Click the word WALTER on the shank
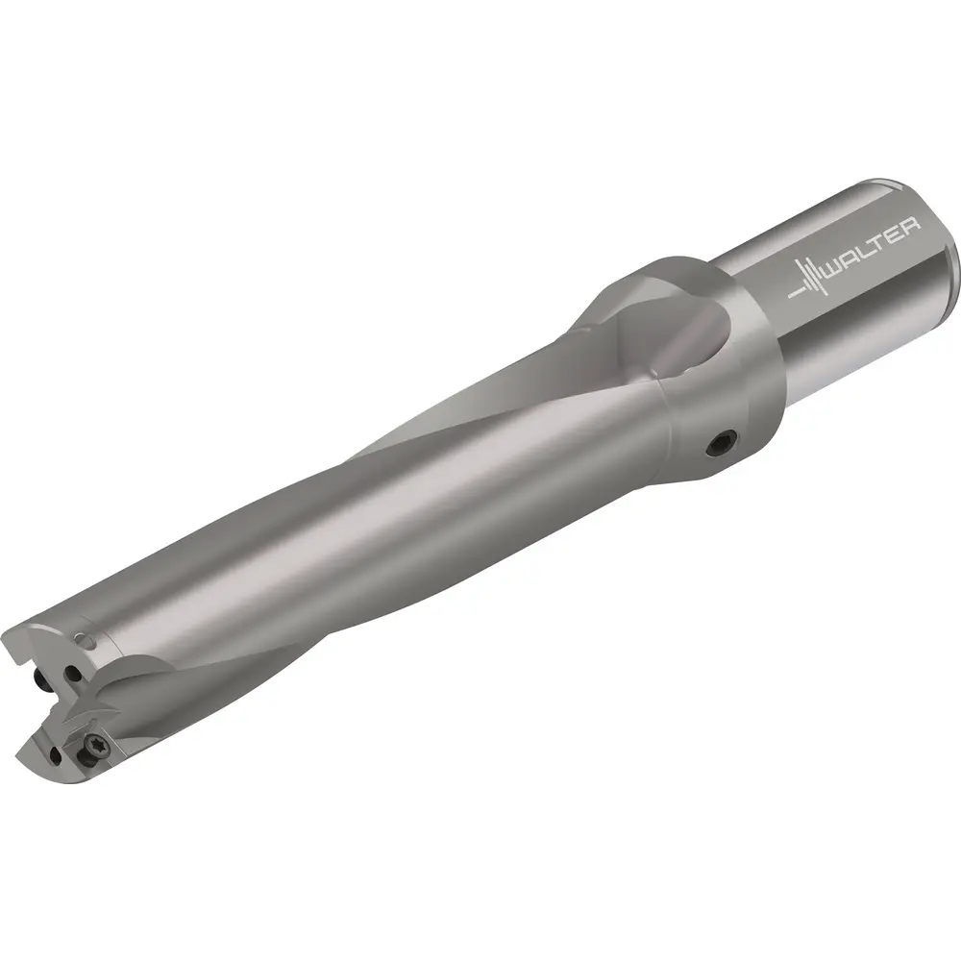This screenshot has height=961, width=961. click(874, 247)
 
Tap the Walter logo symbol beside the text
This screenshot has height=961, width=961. click(807, 280)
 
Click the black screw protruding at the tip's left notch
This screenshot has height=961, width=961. click(42, 680)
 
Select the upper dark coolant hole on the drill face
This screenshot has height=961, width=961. click(74, 675)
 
